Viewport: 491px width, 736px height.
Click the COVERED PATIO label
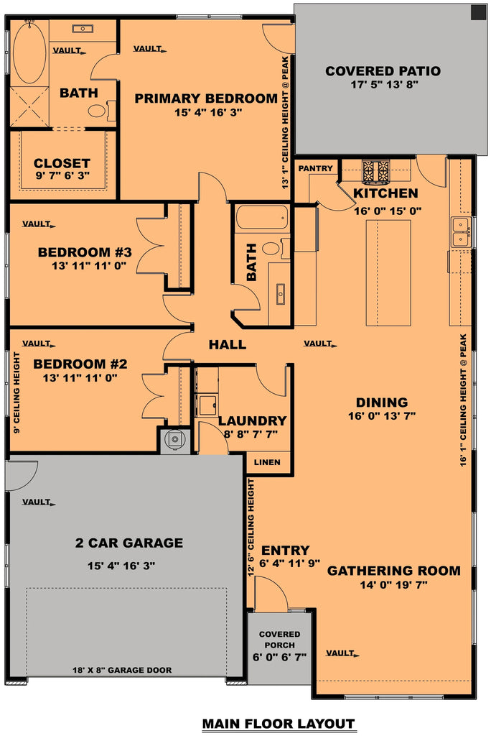point(382,71)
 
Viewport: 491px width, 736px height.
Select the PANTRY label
point(316,168)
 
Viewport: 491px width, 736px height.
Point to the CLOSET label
point(62,163)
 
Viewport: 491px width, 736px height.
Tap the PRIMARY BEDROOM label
point(205,98)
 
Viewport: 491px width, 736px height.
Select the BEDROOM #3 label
point(84,252)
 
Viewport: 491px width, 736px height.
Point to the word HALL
point(227,345)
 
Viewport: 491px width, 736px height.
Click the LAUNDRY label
point(252,420)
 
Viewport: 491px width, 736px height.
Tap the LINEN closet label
point(267,462)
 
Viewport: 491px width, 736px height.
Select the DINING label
point(381,402)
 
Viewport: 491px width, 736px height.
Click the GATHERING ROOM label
point(393,571)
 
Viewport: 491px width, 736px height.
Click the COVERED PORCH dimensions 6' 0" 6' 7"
point(279,656)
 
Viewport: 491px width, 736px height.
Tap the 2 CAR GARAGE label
point(129,543)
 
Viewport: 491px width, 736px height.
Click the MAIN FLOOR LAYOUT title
point(278,723)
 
